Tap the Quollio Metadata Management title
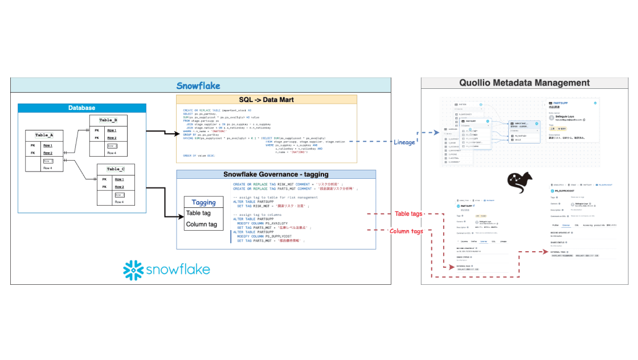[525, 83]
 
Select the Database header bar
[81, 108]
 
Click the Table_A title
[44, 136]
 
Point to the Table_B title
[108, 120]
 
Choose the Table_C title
[116, 169]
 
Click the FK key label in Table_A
[32, 153]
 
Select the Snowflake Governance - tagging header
[276, 174]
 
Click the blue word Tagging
[203, 202]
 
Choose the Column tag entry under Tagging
[202, 224]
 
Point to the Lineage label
[404, 142]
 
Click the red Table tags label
[408, 214]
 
